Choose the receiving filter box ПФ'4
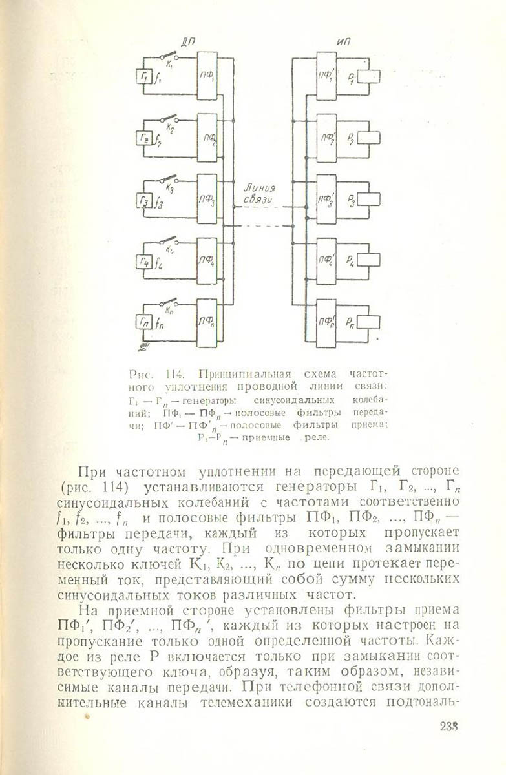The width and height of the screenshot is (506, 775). click(x=326, y=261)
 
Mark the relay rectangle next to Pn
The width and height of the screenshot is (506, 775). click(x=368, y=321)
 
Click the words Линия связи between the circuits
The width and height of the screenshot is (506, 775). click(x=259, y=194)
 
